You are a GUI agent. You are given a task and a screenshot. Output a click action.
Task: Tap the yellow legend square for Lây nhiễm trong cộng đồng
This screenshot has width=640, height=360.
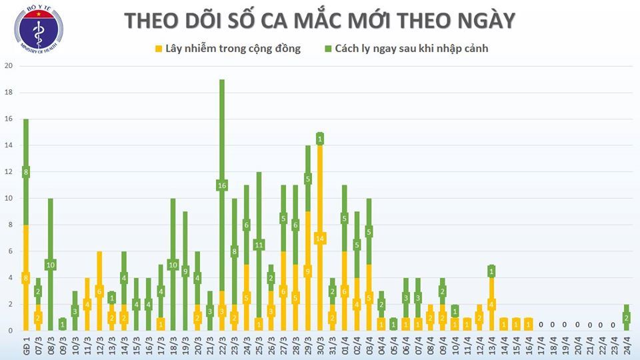158,49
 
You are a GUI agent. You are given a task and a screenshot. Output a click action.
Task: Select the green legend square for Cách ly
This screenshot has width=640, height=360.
329,49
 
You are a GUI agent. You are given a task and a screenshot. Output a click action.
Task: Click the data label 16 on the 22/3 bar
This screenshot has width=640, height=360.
221,185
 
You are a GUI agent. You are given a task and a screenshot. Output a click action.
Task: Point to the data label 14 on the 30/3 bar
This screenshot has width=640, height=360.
320,238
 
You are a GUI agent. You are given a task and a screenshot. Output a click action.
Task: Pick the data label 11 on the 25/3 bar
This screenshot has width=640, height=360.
259,245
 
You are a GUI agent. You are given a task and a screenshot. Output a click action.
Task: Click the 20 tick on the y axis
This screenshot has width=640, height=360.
9,66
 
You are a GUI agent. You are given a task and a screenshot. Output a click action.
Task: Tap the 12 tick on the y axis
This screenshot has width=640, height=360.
9,172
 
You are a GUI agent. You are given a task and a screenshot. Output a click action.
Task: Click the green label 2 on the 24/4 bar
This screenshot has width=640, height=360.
627,318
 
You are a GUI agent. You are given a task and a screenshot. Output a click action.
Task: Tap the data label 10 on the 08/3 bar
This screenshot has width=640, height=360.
50,265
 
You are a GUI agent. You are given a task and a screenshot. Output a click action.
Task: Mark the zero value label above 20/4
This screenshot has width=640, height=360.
577,325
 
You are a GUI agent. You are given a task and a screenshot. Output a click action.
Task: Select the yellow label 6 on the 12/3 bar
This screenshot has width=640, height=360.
99,291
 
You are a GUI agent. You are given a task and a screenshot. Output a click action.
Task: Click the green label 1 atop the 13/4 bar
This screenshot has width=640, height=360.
491,271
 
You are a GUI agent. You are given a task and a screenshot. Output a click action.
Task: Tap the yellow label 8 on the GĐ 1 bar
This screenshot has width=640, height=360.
25,278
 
